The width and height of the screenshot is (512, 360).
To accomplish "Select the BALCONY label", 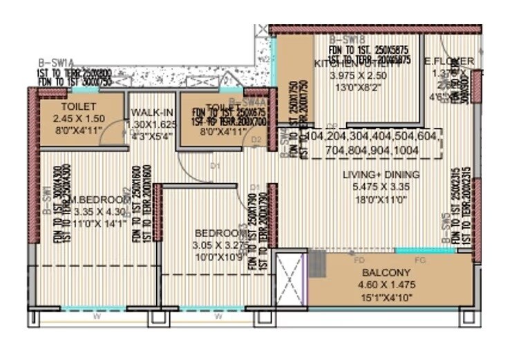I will point(375,273).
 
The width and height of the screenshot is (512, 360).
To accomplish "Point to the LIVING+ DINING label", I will point(372,175).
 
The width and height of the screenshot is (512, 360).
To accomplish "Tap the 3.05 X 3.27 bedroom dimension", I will point(220,245).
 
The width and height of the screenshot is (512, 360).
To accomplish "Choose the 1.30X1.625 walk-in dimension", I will point(152,125).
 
